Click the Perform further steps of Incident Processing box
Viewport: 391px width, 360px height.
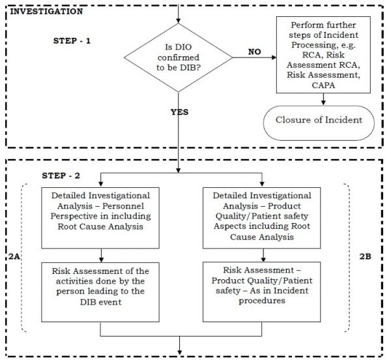(x=321, y=56)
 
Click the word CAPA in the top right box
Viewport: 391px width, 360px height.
(x=321, y=85)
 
